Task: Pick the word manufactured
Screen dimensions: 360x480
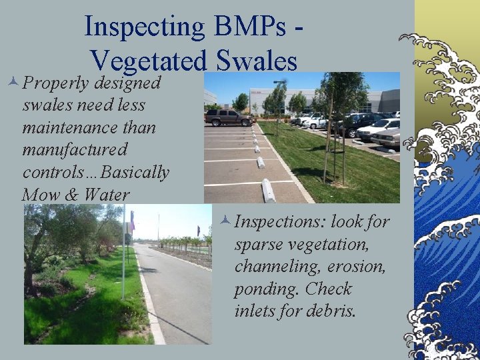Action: tap(75, 149)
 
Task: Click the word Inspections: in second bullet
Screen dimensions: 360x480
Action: tap(280, 221)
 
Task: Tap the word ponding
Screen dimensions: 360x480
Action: tap(263, 289)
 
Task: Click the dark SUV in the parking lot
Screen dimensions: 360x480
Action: tap(227, 117)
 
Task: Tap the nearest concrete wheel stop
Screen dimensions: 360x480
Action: tap(268, 190)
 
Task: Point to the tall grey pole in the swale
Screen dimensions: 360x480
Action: tap(123, 253)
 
